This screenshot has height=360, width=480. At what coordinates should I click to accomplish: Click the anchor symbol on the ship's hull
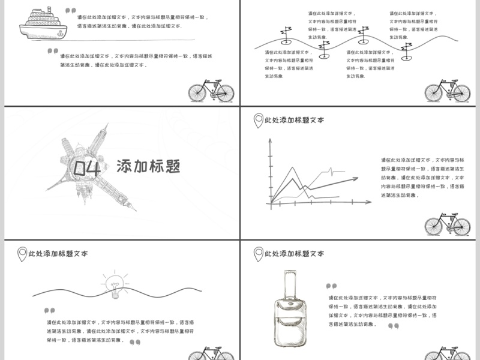[x=27, y=28]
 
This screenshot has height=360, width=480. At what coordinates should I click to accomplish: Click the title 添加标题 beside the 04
[x=148, y=166]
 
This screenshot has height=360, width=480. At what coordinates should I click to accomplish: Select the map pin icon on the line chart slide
[x=258, y=120]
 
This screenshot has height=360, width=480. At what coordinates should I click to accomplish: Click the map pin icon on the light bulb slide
[x=22, y=253]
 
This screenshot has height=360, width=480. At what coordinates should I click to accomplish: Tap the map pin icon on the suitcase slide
[x=258, y=253]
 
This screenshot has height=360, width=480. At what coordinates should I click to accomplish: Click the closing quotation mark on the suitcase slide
[x=393, y=326]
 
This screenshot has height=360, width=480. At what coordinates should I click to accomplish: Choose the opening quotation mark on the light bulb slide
[x=49, y=311]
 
